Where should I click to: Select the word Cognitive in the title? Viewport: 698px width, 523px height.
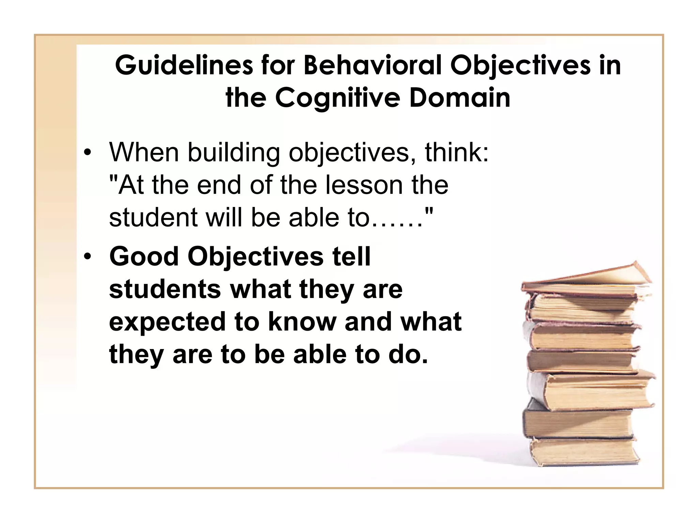pyautogui.click(x=337, y=98)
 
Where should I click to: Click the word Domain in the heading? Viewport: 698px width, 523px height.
pyautogui.click(x=460, y=98)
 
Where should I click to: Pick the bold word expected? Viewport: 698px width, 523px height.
pyautogui.click(x=167, y=322)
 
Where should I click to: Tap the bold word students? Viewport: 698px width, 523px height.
pyautogui.click(x=165, y=289)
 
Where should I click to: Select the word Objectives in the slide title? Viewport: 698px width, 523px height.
pyautogui.click(x=520, y=65)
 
